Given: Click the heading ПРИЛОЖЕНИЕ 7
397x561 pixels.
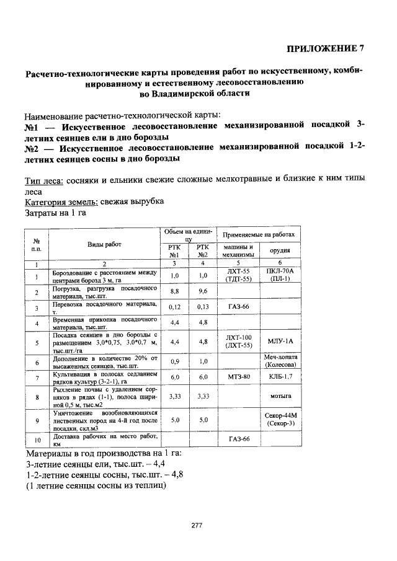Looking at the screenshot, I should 326,49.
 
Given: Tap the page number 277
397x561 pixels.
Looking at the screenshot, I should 197,526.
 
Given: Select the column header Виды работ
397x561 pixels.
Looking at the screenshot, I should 104,245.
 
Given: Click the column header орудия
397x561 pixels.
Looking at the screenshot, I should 280,250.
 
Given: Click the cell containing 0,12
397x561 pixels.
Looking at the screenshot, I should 174,307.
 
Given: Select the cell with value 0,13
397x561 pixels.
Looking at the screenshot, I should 202,307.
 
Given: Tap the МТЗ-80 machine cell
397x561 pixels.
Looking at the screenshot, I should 238,377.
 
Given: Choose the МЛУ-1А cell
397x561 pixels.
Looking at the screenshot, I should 280,341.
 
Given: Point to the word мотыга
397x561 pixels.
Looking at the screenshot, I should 280,394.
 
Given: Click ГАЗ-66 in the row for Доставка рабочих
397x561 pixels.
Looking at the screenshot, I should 238,440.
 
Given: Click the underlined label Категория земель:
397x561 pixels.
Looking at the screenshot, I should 60,202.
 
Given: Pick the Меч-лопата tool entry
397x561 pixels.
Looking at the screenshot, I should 280,358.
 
